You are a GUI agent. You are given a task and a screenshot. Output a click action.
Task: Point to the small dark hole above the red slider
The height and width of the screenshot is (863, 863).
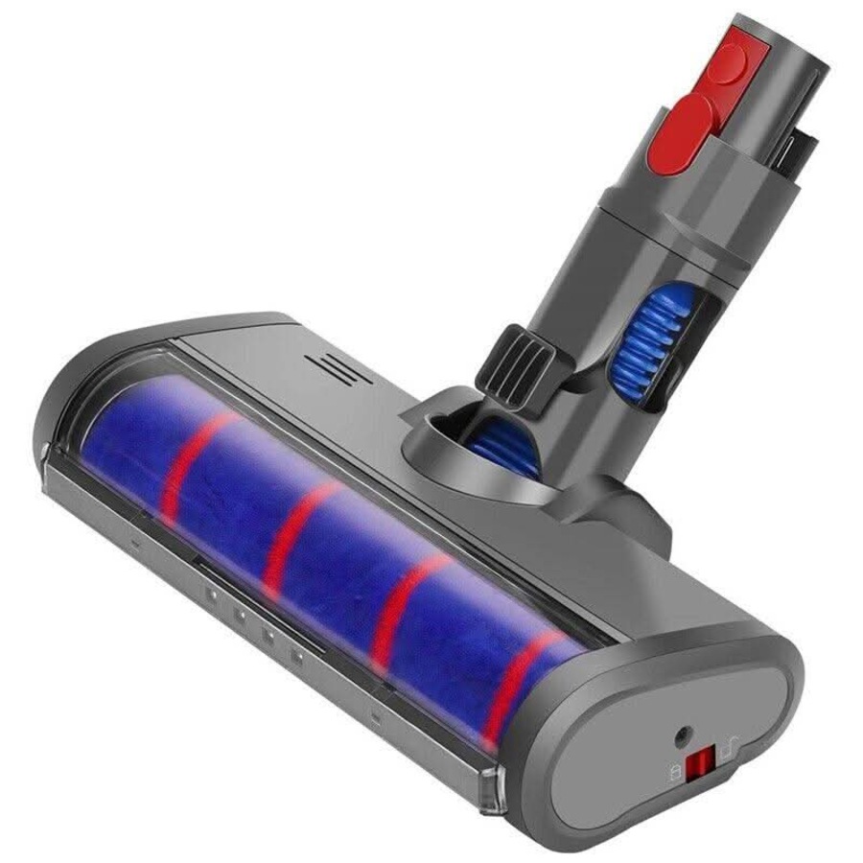tap(682, 735)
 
